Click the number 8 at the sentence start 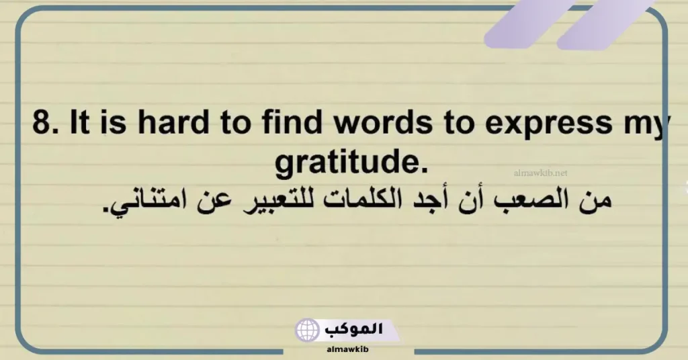tap(42, 126)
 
